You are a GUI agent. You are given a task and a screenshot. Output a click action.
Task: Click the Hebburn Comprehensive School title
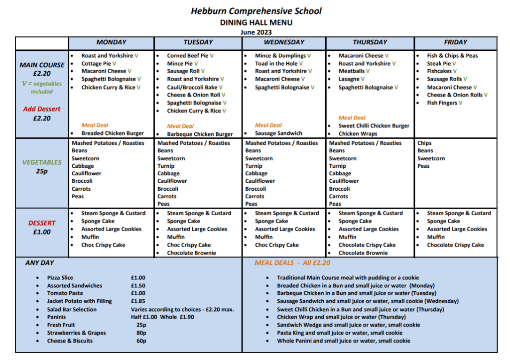click(256, 10)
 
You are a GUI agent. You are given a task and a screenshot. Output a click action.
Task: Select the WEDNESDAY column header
click(284, 42)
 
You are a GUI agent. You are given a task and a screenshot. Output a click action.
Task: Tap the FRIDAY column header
click(455, 42)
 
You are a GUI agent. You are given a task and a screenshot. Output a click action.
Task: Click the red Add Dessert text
click(42, 109)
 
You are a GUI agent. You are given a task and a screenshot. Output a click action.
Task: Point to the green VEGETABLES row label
click(42, 162)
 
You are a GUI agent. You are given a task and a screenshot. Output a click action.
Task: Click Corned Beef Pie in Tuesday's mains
click(187, 56)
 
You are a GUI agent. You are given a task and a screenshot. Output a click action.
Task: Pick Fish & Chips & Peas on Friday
click(452, 56)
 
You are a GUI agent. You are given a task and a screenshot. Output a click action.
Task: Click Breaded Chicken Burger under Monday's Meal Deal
click(113, 133)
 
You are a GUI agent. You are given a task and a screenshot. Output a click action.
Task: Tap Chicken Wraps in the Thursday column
click(358, 133)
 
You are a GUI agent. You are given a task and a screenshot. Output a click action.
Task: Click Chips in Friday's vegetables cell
click(424, 143)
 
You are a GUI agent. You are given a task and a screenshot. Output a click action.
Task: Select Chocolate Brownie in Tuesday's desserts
click(192, 253)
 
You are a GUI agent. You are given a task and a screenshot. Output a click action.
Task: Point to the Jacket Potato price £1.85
click(138, 301)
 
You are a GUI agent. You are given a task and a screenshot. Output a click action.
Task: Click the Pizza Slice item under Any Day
click(60, 278)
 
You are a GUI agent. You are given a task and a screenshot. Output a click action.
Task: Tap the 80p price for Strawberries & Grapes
click(141, 333)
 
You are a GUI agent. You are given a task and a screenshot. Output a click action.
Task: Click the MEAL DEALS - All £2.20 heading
click(292, 263)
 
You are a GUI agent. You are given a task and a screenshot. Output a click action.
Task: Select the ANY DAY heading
click(40, 263)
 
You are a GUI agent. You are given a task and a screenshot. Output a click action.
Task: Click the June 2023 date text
click(256, 32)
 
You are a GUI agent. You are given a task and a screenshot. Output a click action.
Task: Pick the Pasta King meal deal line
click(340, 333)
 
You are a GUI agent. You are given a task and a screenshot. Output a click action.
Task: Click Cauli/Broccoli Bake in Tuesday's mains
click(192, 87)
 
